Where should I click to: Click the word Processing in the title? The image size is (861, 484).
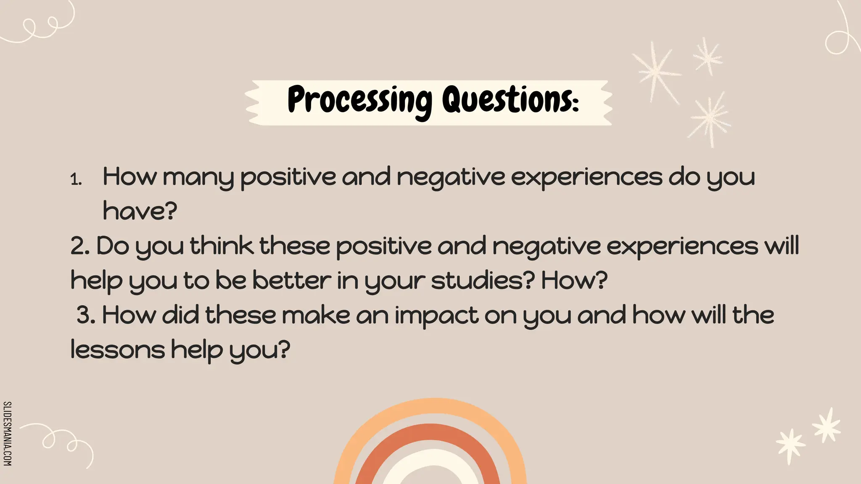tap(359, 101)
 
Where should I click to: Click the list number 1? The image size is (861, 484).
tap(76, 180)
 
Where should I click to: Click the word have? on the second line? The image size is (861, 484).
tap(140, 211)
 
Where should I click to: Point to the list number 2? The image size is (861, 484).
tap(80, 246)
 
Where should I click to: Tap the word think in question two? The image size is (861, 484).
tap(222, 246)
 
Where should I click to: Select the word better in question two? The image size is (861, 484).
tap(292, 281)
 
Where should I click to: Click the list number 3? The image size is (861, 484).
tap(86, 316)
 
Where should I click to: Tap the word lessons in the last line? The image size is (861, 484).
tap(118, 350)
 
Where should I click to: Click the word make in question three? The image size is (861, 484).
tap(316, 316)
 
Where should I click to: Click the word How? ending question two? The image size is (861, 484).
tap(574, 281)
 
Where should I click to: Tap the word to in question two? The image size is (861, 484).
tap(196, 281)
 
